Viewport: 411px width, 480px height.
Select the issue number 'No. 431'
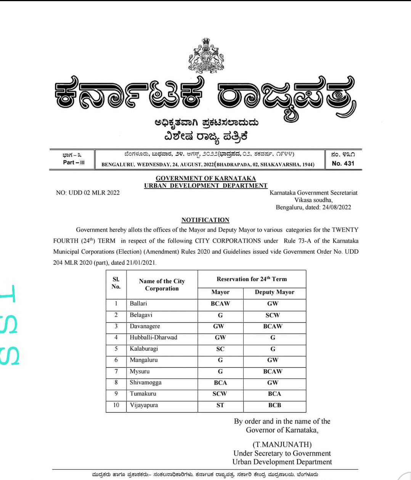pyautogui.click(x=343, y=163)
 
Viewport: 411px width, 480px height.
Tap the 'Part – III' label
pyautogui.click(x=74, y=162)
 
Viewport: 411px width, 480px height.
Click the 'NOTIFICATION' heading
pyautogui.click(x=205, y=220)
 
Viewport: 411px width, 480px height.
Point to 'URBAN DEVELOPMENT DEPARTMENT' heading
pyautogui.click(x=205, y=186)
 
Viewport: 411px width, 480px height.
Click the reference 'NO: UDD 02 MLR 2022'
pyautogui.click(x=88, y=193)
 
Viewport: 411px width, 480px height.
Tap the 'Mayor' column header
pyautogui.click(x=220, y=292)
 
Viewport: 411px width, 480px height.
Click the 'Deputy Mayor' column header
pyautogui.click(x=275, y=292)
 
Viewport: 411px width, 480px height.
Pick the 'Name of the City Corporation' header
pyautogui.click(x=162, y=285)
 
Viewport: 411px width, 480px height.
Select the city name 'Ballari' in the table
pyautogui.click(x=138, y=304)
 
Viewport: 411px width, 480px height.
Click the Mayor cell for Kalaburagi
pyautogui.click(x=220, y=349)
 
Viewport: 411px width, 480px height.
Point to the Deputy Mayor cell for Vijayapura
pyautogui.click(x=275, y=405)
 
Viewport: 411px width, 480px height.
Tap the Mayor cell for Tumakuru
pyautogui.click(x=220, y=394)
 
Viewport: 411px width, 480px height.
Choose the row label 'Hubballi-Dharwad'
pyautogui.click(x=153, y=338)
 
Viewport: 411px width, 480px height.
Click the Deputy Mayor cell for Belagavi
pyautogui.click(x=273, y=315)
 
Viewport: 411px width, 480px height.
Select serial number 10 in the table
pyautogui.click(x=116, y=405)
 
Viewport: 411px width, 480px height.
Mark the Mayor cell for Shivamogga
pyautogui.click(x=220, y=382)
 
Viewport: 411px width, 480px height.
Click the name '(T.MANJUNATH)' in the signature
pyautogui.click(x=282, y=445)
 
